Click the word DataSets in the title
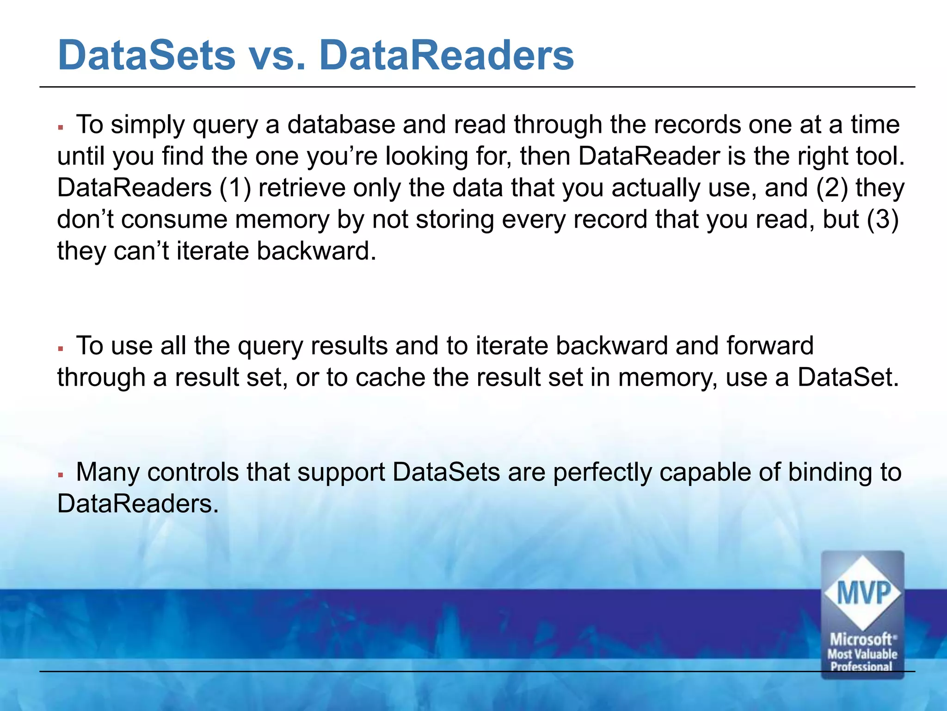(146, 56)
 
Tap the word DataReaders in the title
(446, 56)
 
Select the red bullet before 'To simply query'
(61, 126)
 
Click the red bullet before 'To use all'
(61, 348)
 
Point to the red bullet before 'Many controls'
(61, 474)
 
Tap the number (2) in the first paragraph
(831, 188)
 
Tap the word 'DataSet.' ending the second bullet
(848, 378)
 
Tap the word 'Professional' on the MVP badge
(861, 667)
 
